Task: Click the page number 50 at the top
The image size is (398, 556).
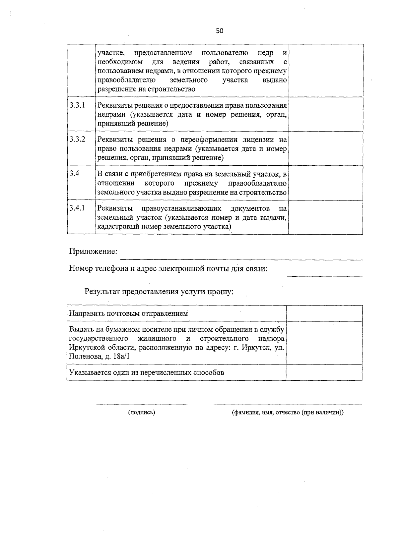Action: coord(220,31)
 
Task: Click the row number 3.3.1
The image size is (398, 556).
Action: coord(77,105)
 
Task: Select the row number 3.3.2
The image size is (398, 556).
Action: coord(77,139)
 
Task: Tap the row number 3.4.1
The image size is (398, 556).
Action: coord(77,208)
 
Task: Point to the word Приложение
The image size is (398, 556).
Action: coord(93,251)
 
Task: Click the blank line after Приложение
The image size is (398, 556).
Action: coord(241,258)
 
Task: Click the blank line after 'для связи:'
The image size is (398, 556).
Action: coord(324,275)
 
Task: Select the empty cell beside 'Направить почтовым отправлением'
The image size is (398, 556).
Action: coord(324,313)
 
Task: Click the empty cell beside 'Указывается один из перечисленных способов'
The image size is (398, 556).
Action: coord(324,372)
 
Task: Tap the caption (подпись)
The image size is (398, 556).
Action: coord(142,413)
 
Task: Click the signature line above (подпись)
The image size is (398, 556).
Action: coord(142,404)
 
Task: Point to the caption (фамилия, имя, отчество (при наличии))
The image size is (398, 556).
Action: coord(288,413)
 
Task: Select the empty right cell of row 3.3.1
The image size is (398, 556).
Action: coord(325,114)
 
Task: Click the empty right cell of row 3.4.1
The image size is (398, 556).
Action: coord(325,217)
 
